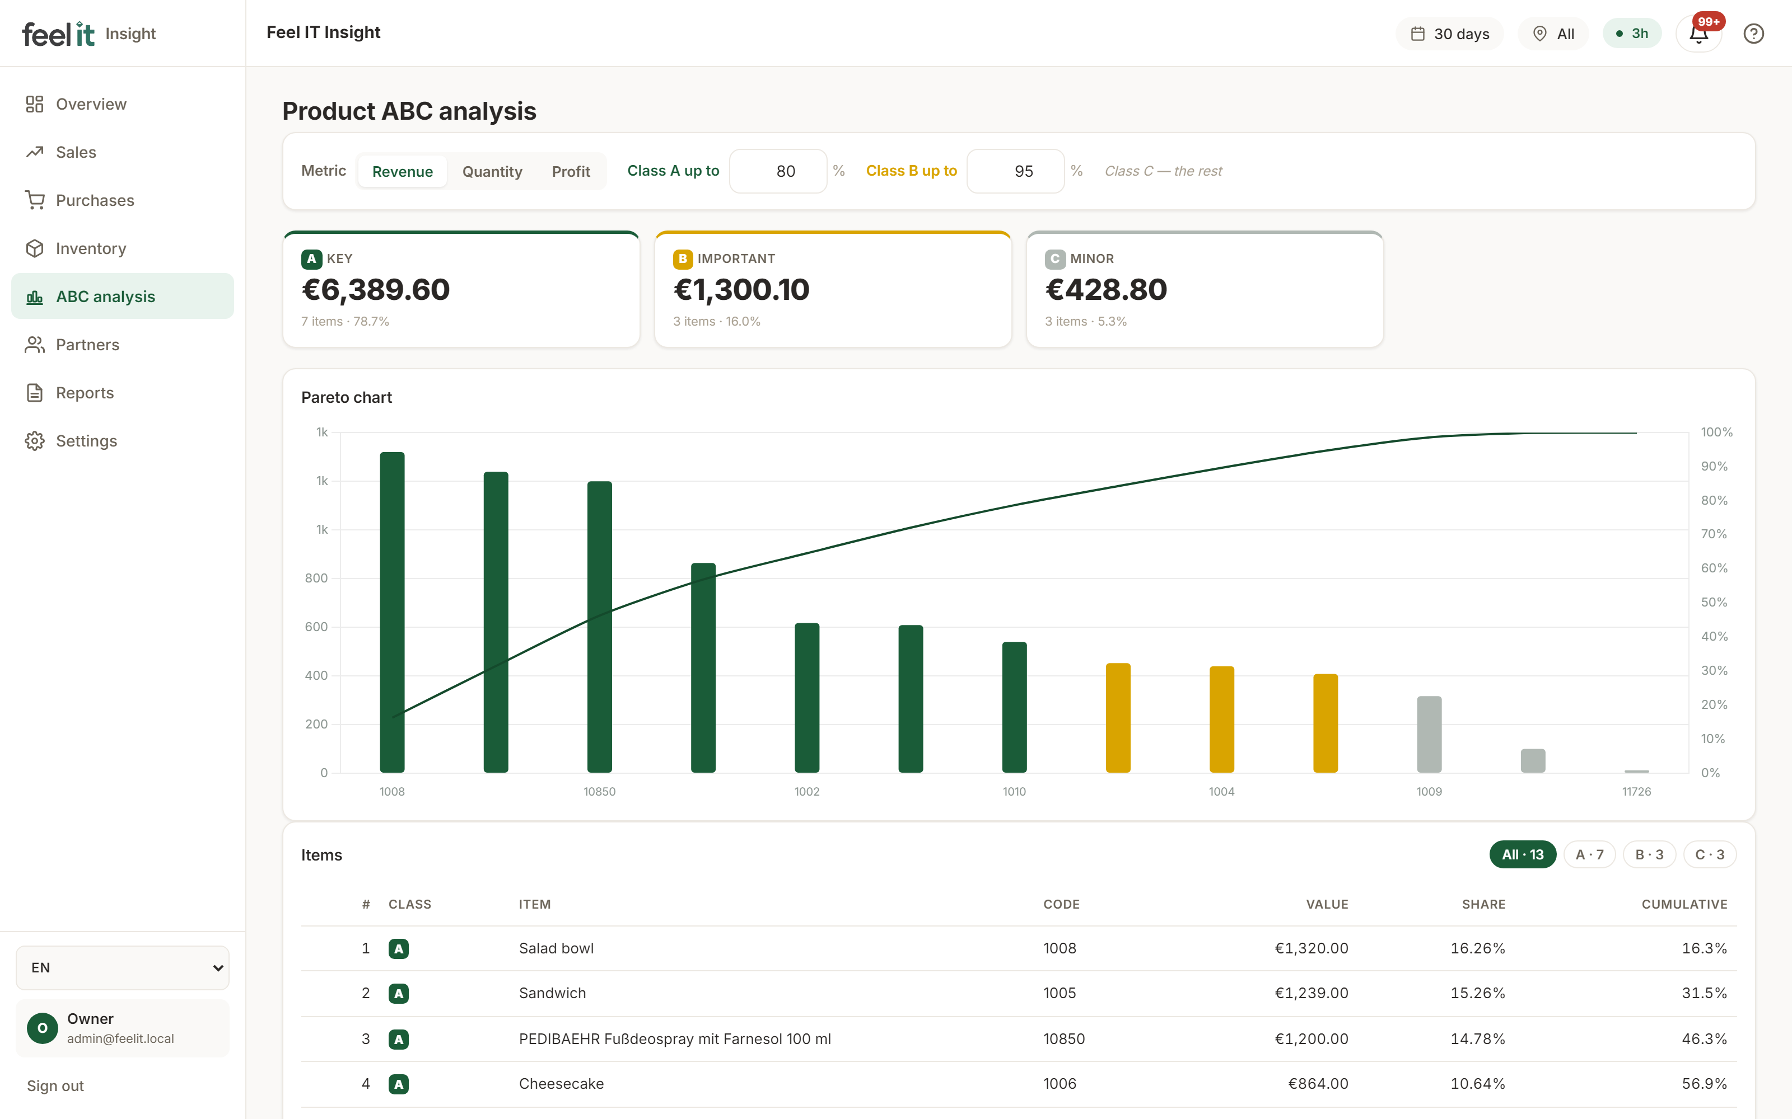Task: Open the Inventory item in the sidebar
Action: tap(90, 248)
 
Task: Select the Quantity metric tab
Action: tap(492, 172)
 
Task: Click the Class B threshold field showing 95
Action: tap(1015, 171)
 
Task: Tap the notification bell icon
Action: tap(1698, 34)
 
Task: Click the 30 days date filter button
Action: tap(1449, 34)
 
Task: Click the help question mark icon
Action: tap(1753, 34)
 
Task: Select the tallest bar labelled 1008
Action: tap(393, 612)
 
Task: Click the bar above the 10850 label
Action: tap(600, 627)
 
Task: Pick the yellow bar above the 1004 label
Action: tap(1222, 720)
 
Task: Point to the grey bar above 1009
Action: tap(1429, 734)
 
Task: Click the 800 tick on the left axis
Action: tap(316, 578)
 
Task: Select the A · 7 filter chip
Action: tap(1589, 855)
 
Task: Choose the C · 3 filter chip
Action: tap(1709, 855)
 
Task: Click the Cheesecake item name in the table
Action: tap(561, 1084)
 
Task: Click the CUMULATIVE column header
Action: tap(1684, 904)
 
